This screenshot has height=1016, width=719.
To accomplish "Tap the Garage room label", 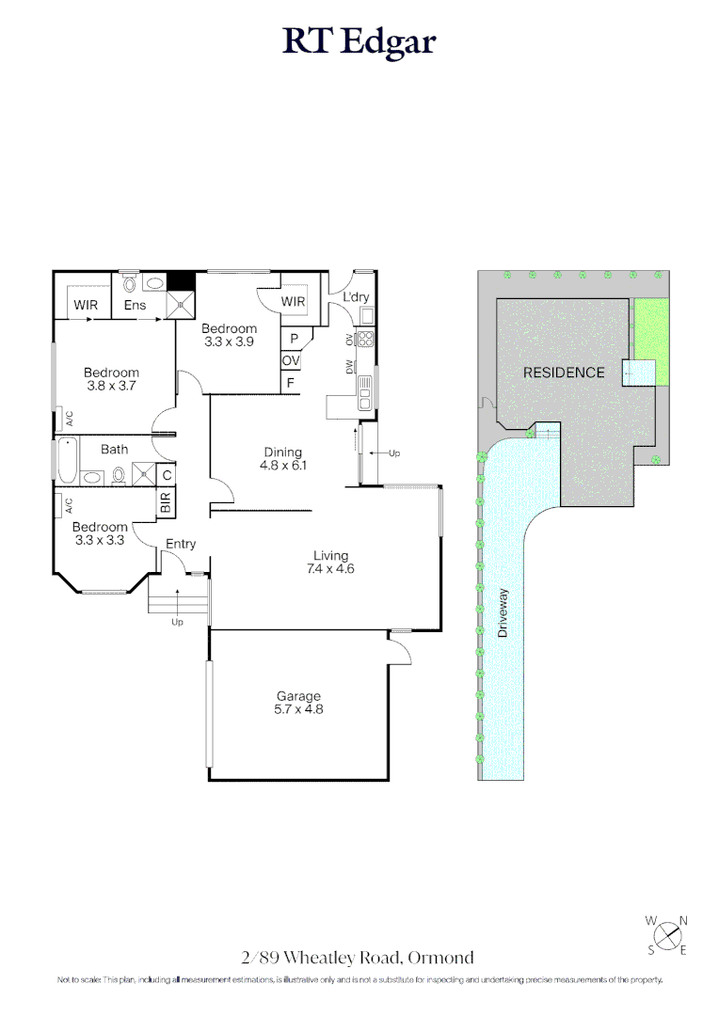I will tap(298, 696).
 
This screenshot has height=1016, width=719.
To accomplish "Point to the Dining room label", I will tap(282, 452).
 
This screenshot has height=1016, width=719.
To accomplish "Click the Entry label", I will tap(181, 544).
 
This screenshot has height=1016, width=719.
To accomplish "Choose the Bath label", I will tap(115, 449).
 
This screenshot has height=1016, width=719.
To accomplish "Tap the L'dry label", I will tap(357, 297).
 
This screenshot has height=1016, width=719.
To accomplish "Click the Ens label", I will tap(136, 305).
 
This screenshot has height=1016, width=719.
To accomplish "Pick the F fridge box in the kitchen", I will tap(291, 383).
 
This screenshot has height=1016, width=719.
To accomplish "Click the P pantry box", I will tap(294, 339).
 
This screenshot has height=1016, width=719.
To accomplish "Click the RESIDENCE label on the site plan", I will tap(564, 373).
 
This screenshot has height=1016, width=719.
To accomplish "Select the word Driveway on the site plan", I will tap(503, 613).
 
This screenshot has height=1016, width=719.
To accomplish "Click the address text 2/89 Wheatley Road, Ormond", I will tap(358, 959).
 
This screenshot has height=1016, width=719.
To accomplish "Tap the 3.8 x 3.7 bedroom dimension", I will tap(111, 386).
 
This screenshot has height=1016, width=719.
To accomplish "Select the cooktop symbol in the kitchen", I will tap(365, 339).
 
